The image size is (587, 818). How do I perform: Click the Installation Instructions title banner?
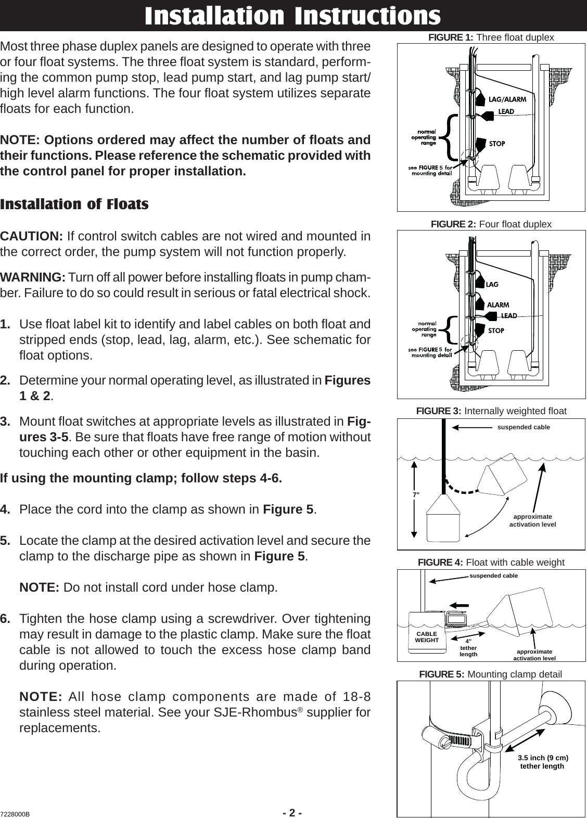pyautogui.click(x=293, y=16)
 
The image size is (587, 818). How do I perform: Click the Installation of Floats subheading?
pyautogui.click(x=74, y=204)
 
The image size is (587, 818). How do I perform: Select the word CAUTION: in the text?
pyautogui.click(x=32, y=236)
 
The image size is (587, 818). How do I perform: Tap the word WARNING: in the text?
pyautogui.click(x=32, y=275)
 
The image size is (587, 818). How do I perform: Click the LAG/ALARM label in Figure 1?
pyautogui.click(x=507, y=99)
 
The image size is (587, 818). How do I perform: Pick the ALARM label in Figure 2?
pyautogui.click(x=498, y=304)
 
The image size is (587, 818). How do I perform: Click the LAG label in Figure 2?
pyautogui.click(x=492, y=285)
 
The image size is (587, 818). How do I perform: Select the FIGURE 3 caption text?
pyautogui.click(x=491, y=411)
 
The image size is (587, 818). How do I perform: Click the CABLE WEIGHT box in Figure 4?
pyautogui.click(x=426, y=637)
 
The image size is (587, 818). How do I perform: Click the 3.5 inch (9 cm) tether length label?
pyautogui.click(x=543, y=762)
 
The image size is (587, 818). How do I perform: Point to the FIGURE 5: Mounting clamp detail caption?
pyautogui.click(x=490, y=675)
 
